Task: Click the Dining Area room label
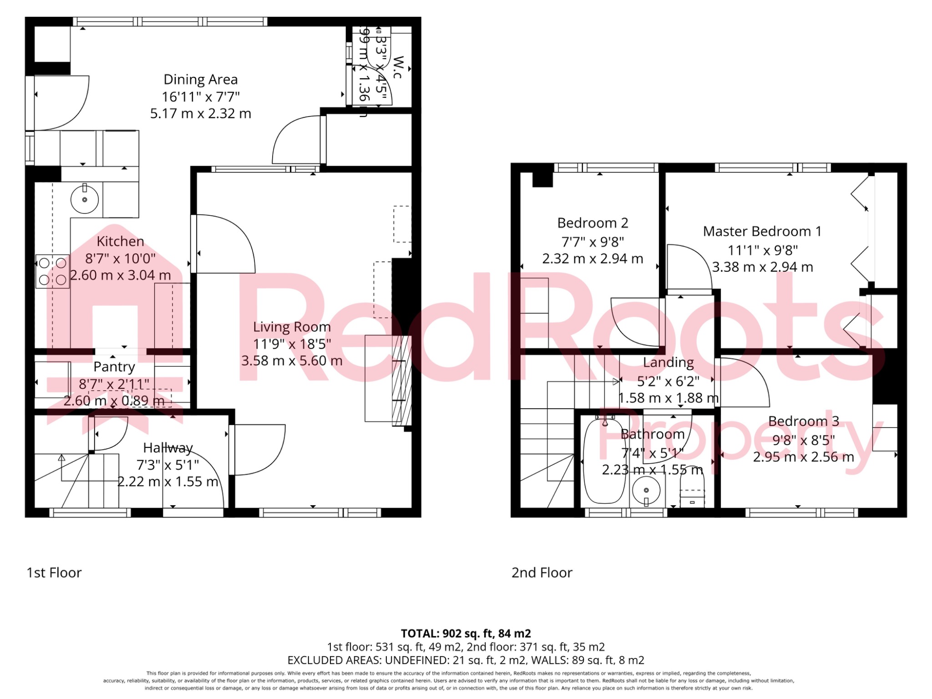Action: [x=200, y=80]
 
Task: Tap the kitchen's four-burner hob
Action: [x=52, y=271]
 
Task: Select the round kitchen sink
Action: [x=85, y=199]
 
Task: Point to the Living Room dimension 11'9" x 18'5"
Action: [x=292, y=344]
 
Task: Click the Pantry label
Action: [x=114, y=367]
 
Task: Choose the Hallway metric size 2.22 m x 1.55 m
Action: [x=168, y=481]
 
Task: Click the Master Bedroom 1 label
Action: [x=762, y=232]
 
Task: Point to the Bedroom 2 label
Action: [x=593, y=223]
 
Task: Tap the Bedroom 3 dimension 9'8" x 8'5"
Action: [x=803, y=440]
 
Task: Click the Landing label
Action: [x=668, y=363]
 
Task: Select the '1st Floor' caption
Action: [x=54, y=572]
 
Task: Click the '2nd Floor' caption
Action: [x=542, y=572]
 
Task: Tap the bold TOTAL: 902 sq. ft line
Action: [x=466, y=633]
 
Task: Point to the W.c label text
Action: [x=398, y=67]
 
